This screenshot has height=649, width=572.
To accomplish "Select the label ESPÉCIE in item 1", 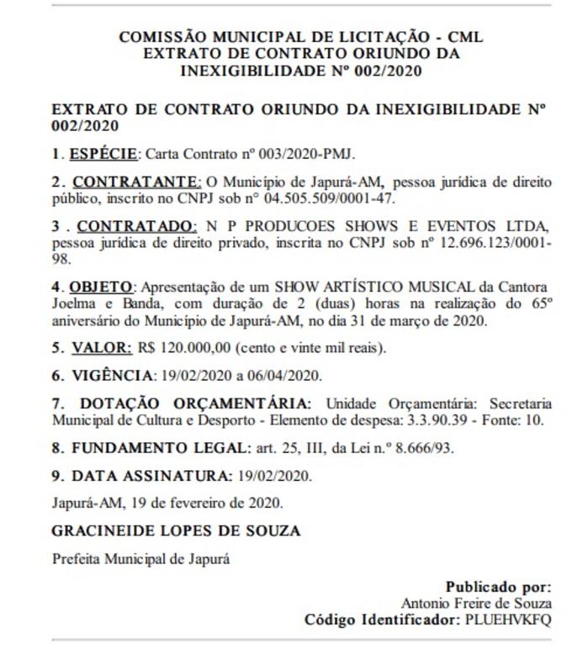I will pos(102,155).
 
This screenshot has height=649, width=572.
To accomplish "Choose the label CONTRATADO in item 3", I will pos(137,226).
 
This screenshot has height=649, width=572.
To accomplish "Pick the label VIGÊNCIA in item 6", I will pos(101,375).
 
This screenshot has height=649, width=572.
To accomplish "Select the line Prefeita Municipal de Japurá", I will pos(140,559).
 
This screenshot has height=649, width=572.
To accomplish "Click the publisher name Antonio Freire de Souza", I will pos(476,603).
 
